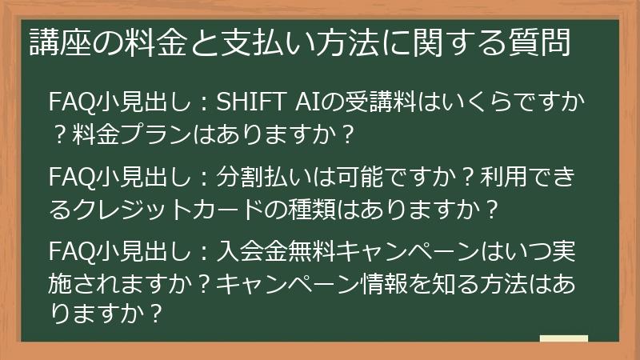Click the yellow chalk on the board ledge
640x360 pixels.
click(x=563, y=339)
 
